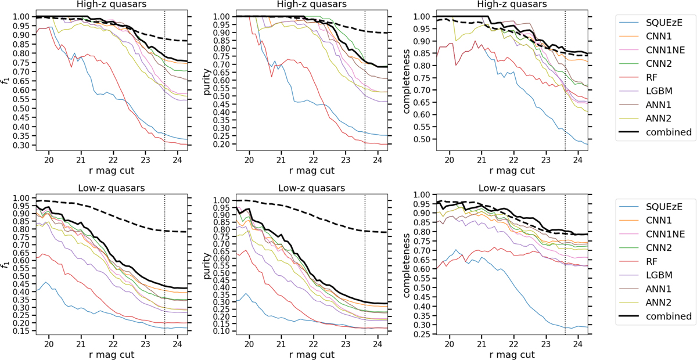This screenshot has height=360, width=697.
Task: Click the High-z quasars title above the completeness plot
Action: (x=513, y=5)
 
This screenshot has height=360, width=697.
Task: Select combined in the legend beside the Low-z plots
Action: (x=672, y=316)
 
